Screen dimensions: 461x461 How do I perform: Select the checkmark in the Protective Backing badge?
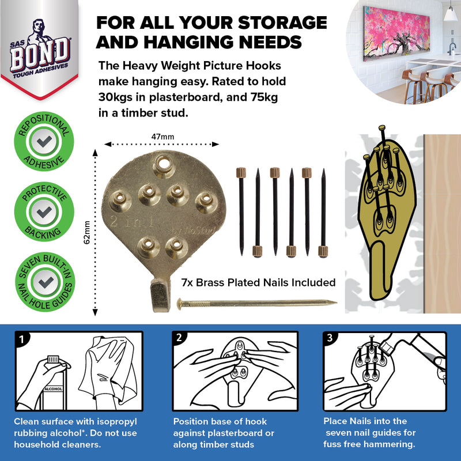43,212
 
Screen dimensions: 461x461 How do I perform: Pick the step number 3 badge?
331,339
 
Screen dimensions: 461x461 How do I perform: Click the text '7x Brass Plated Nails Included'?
258,282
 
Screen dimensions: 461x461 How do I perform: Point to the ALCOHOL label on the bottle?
53,389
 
